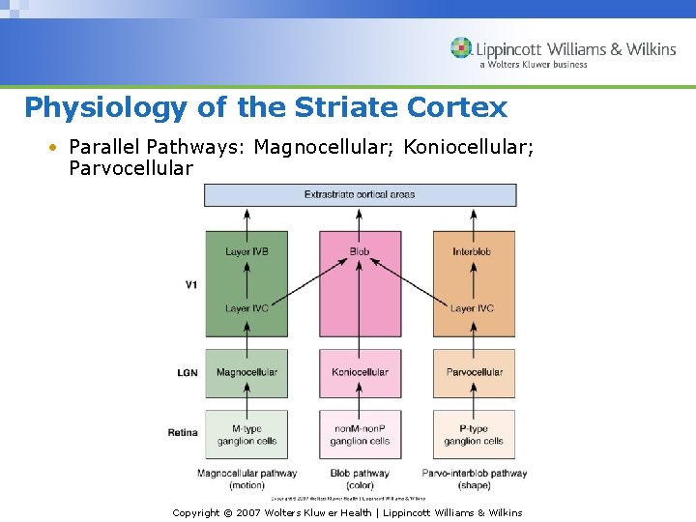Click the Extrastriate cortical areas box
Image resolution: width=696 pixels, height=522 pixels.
(360, 194)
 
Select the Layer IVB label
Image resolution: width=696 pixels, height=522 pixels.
(246, 252)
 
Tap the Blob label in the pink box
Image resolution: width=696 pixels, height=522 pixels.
(360, 252)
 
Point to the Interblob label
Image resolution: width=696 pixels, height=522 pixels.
(473, 252)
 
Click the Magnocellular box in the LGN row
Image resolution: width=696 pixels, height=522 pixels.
(246, 372)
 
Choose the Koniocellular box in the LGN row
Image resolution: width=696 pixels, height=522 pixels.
(360, 372)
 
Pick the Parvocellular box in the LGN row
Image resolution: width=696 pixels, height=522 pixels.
(474, 372)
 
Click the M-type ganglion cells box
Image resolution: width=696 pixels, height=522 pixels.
(246, 434)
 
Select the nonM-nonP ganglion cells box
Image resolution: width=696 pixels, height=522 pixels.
(360, 434)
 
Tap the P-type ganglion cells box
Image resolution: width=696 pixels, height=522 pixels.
(474, 434)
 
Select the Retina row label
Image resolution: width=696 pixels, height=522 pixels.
(183, 432)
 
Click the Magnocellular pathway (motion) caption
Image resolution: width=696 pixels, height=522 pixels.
(246, 478)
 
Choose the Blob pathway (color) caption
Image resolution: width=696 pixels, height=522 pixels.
(360, 478)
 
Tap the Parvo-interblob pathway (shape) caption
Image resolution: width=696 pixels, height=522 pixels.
(474, 478)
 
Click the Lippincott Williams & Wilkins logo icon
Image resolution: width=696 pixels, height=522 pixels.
(461, 48)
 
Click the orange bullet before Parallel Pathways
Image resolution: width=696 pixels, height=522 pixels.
(55, 148)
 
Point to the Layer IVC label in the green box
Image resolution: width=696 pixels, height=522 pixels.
(246, 308)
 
